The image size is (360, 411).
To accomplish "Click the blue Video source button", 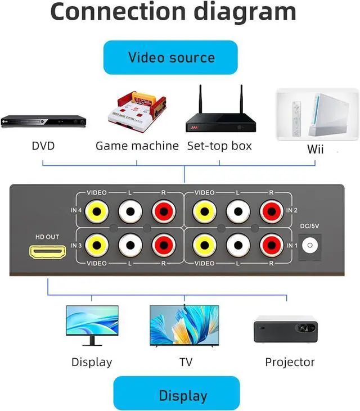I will [x=170, y=57].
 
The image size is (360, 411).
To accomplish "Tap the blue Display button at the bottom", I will [x=176, y=395].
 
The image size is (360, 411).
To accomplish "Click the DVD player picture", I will [x=43, y=120].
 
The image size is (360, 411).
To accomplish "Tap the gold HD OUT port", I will [x=47, y=252].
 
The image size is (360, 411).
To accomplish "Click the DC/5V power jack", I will [x=309, y=245].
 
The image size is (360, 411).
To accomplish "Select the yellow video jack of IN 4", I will [x=97, y=211].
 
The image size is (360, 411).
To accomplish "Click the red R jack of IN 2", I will [x=271, y=211].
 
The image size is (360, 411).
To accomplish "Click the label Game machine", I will [x=137, y=146].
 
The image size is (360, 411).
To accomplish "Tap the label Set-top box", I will [x=219, y=146].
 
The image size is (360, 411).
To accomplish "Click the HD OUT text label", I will [x=47, y=237].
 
